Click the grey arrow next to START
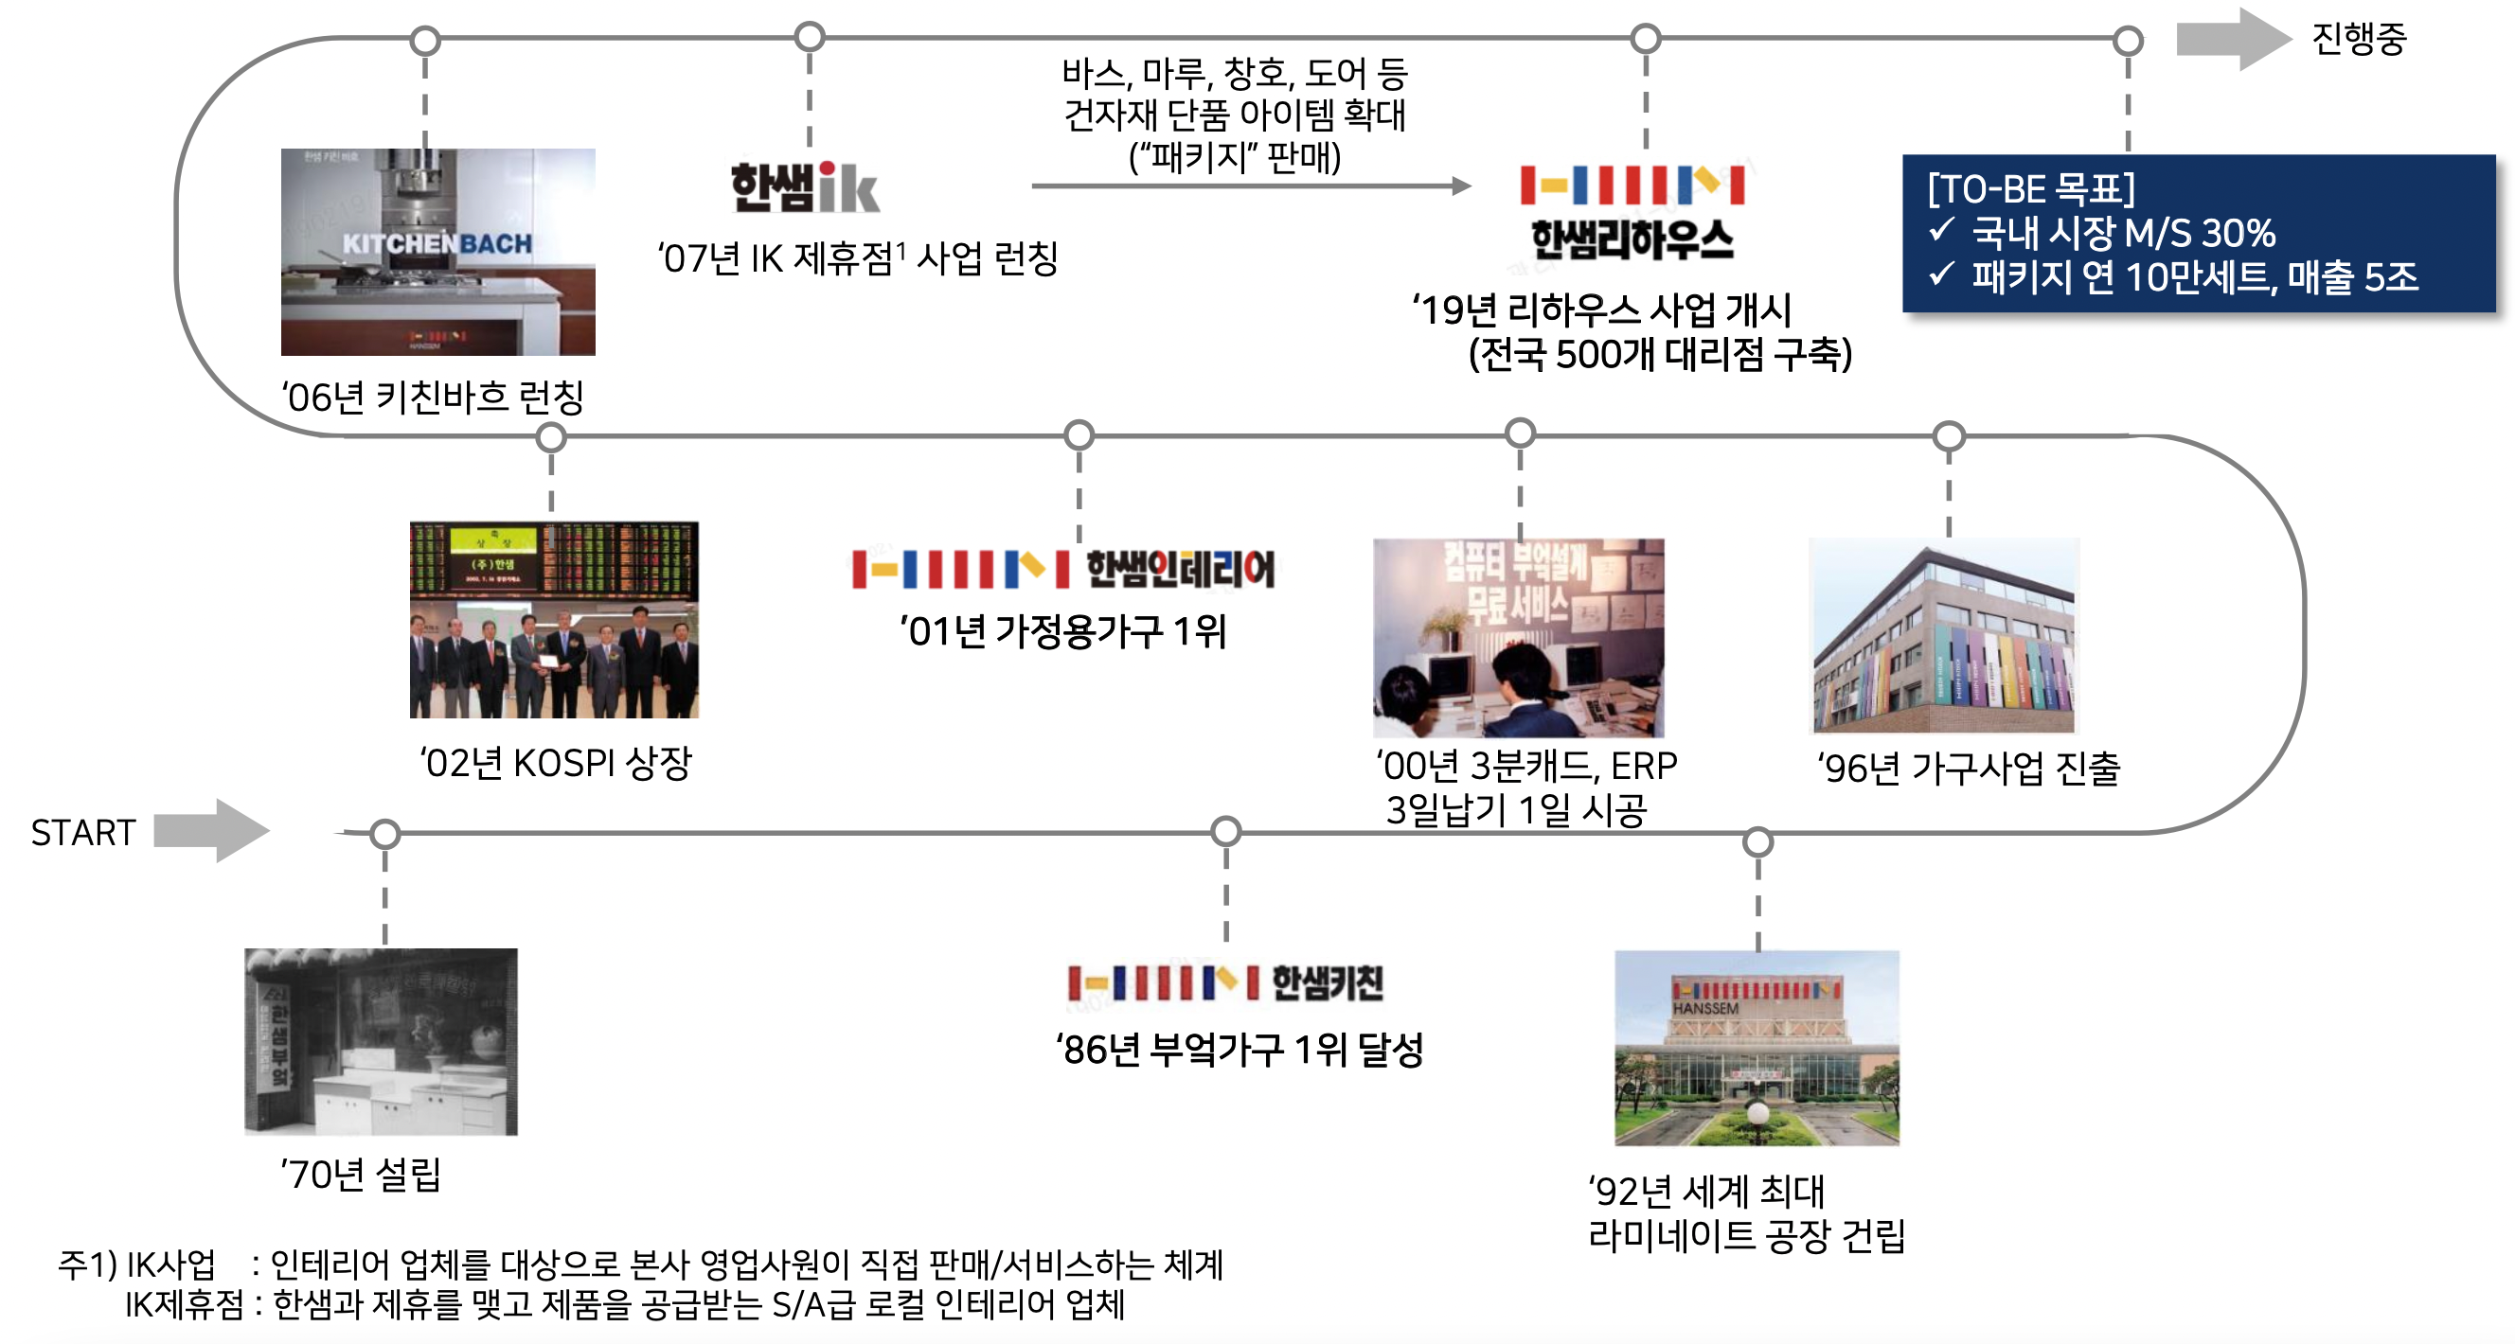tap(211, 831)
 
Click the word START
tap(83, 833)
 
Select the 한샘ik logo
tap(806, 187)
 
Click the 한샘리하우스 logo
tap(1632, 213)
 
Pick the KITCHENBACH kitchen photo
tap(437, 252)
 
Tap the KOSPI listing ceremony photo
tap(554, 620)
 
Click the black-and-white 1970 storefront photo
tap(381, 1040)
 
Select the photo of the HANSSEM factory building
tap(1757, 1048)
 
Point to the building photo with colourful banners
tap(1944, 635)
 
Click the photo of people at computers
tap(1518, 637)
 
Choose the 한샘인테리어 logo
tap(1063, 569)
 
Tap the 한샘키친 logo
tap(1225, 981)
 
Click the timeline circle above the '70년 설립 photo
tap(385, 834)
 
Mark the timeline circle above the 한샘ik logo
tap(810, 37)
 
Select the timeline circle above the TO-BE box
tap(2128, 41)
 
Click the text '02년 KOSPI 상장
tap(556, 762)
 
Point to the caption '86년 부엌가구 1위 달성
tap(1239, 1050)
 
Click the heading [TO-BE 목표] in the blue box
tap(2031, 188)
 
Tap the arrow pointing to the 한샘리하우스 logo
tap(1251, 186)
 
